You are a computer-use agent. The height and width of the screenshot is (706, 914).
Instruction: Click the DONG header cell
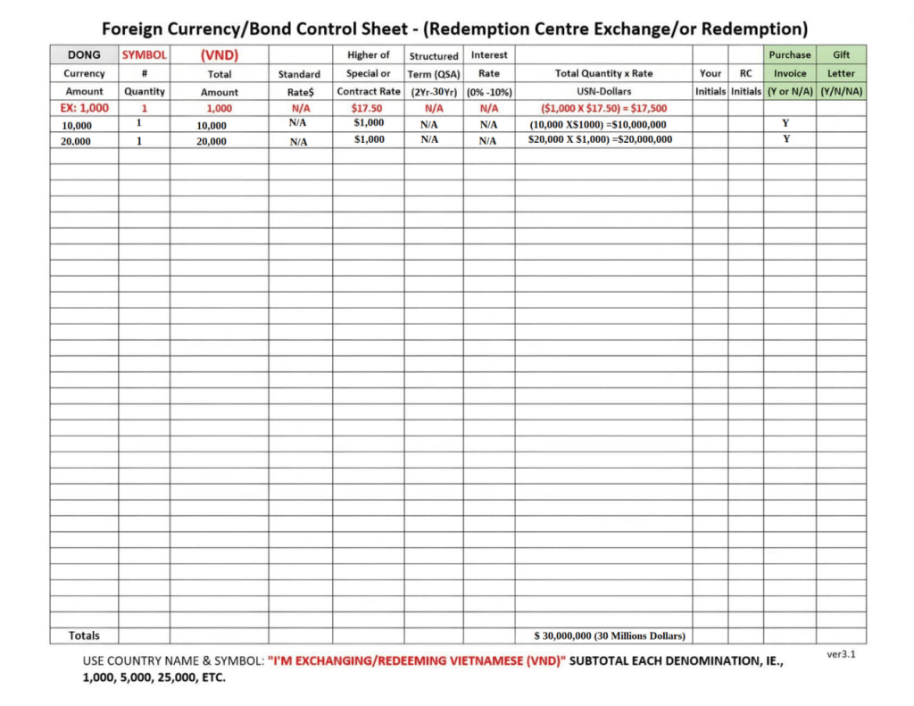[84, 54]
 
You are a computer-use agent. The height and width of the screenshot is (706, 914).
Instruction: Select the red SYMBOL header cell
[144, 54]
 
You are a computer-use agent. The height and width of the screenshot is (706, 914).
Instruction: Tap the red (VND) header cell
[219, 54]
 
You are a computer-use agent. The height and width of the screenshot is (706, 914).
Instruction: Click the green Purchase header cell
[789, 54]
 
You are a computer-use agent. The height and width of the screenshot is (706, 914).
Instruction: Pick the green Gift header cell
[841, 54]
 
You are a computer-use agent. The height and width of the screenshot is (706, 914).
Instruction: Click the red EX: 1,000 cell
[84, 108]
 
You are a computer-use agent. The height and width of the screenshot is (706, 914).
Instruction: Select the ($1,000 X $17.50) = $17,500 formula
[602, 108]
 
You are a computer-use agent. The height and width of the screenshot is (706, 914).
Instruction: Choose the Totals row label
[84, 635]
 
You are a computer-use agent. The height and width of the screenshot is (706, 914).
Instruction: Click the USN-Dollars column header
[604, 91]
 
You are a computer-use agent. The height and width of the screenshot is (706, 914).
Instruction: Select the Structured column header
[434, 55]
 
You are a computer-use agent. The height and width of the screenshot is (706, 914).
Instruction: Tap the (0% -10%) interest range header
[489, 92]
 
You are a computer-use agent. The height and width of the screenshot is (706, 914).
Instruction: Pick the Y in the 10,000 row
[786, 122]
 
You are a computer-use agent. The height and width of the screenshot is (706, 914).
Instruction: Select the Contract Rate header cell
[369, 91]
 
